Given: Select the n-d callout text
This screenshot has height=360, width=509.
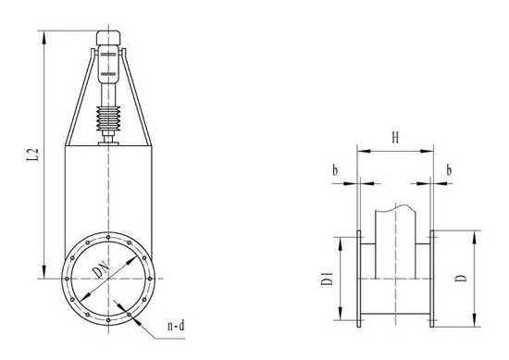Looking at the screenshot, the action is click(176, 325).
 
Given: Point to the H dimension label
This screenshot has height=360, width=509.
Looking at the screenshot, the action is click(395, 138).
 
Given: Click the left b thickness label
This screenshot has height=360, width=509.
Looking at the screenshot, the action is click(335, 170).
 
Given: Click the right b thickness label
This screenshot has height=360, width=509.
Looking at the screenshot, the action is click(449, 170).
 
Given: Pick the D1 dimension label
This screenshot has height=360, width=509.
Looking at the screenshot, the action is click(328, 279).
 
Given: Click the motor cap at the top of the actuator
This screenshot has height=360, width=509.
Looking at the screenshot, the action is click(108, 38).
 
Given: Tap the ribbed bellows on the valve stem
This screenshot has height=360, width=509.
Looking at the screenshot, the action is click(108, 118).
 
